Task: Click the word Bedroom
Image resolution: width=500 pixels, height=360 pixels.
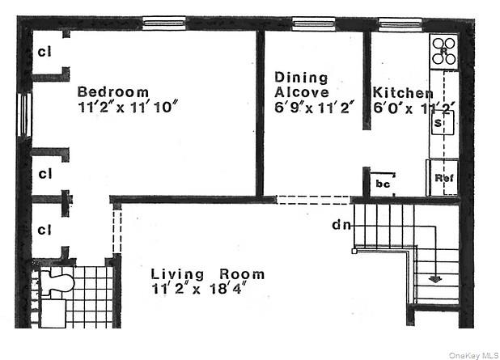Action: click(x=113, y=91)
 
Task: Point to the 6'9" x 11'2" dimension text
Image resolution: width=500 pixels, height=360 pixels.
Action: click(x=315, y=106)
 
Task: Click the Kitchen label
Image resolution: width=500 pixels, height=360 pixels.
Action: click(x=401, y=91)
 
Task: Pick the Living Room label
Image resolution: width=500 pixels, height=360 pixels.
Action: click(x=207, y=274)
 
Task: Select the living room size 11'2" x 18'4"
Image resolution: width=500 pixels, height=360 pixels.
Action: click(x=197, y=288)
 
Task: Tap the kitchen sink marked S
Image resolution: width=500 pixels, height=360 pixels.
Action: click(x=440, y=124)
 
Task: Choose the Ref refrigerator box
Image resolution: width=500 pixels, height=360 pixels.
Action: click(x=443, y=177)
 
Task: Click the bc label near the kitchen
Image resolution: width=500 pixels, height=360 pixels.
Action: click(x=383, y=184)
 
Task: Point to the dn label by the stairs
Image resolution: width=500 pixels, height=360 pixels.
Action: click(x=341, y=226)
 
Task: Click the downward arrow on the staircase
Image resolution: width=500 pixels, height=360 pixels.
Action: click(x=435, y=277)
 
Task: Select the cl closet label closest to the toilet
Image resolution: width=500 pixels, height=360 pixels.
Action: click(x=44, y=229)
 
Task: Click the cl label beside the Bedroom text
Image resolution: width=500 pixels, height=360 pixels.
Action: click(x=44, y=53)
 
